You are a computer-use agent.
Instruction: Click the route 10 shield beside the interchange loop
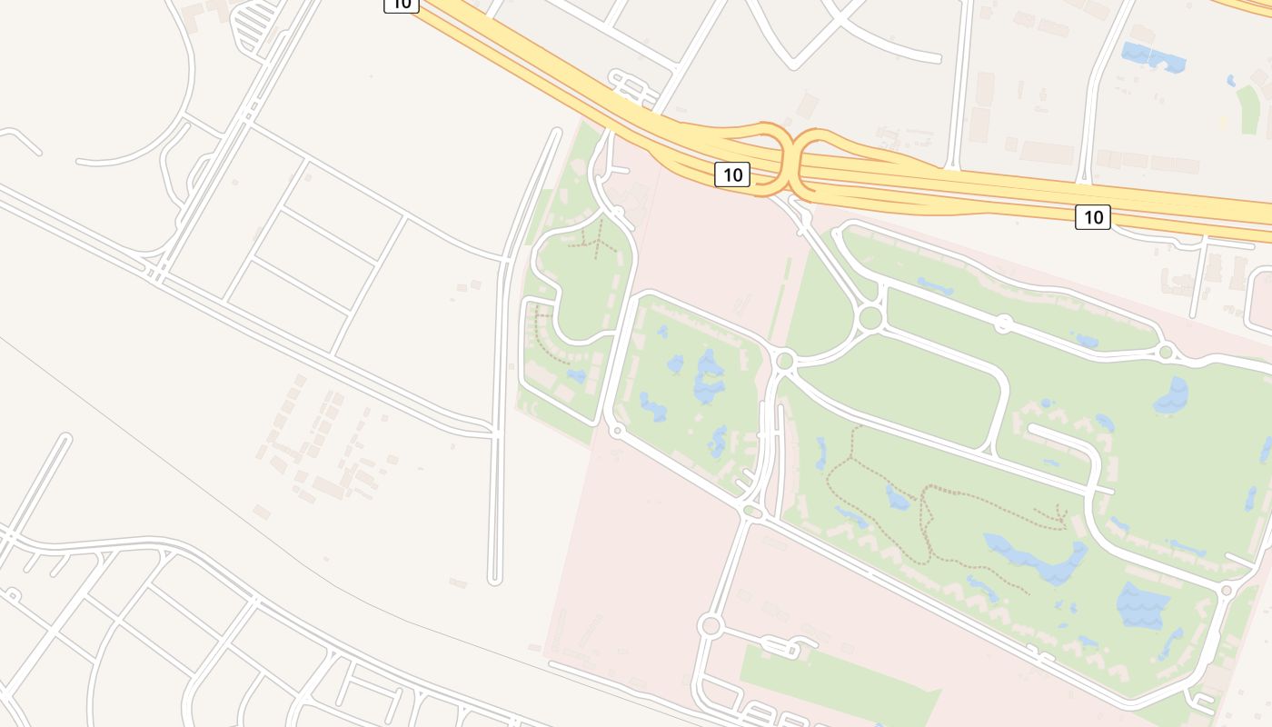[732, 174]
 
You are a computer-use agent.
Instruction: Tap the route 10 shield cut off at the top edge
[401, 5]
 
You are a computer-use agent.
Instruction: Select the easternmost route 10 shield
[1092, 216]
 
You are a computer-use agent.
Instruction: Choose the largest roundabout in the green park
[870, 317]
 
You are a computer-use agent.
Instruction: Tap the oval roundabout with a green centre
[752, 513]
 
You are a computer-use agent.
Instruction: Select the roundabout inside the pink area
[711, 625]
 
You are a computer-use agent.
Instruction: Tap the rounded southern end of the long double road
[495, 578]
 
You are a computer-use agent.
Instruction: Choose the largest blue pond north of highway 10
[1154, 57]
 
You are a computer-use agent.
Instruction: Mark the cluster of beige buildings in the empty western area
[327, 445]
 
